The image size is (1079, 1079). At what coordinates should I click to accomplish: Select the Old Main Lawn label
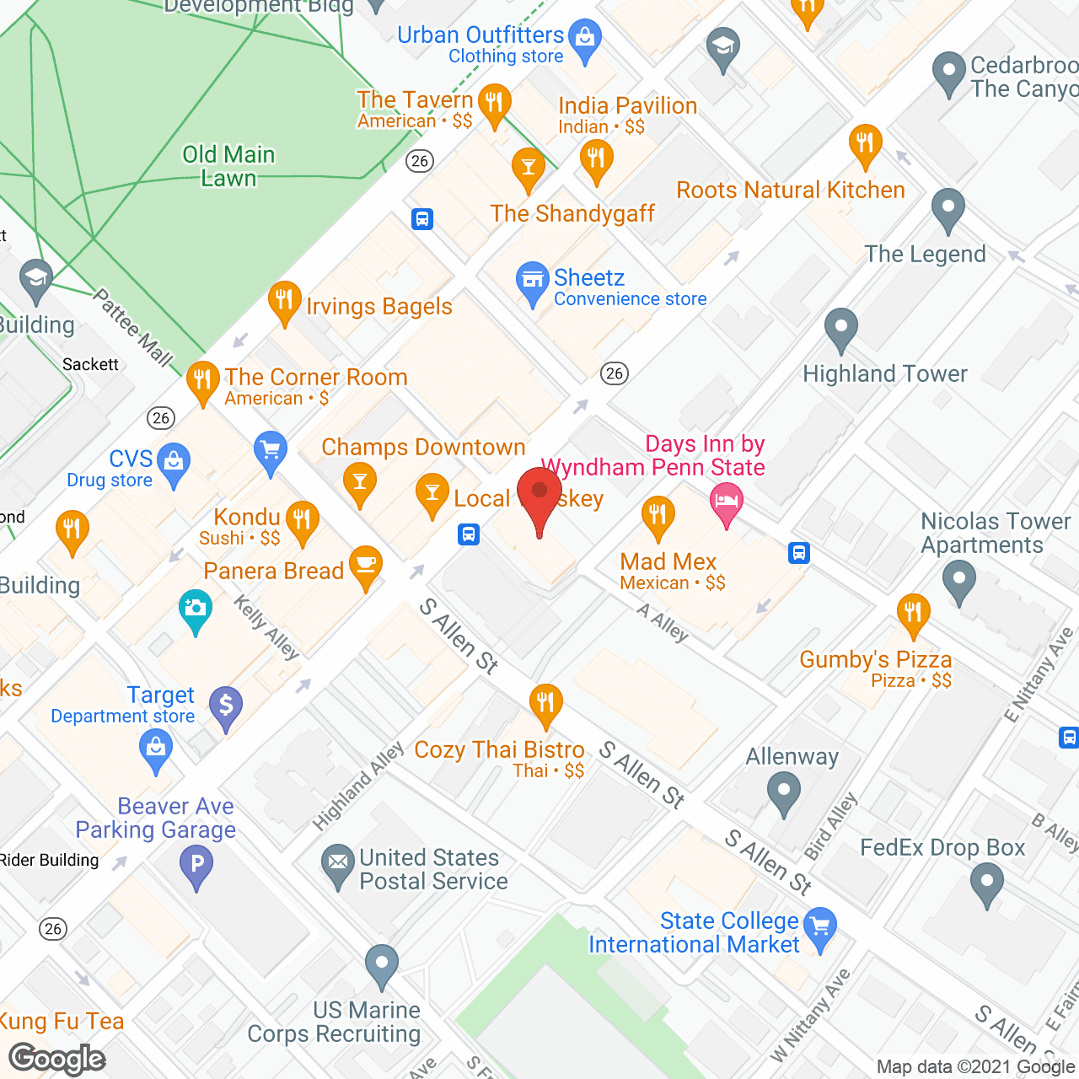(228, 166)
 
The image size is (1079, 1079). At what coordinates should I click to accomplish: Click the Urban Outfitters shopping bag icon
(584, 39)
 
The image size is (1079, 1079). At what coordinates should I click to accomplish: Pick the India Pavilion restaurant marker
(596, 158)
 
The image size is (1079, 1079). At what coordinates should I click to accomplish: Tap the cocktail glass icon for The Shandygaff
(529, 167)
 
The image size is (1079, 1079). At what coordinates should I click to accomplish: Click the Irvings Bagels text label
(378, 307)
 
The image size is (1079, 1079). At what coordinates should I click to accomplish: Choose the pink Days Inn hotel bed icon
(726, 502)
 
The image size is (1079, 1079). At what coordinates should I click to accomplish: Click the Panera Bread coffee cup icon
(365, 566)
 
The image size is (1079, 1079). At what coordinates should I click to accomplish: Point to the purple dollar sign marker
(225, 706)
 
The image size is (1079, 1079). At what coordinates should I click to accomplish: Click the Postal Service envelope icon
(338, 862)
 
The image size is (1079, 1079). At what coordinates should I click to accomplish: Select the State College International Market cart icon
(819, 927)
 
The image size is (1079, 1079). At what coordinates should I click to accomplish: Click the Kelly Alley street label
(266, 626)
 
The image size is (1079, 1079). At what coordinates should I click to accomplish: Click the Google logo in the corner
(57, 1059)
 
